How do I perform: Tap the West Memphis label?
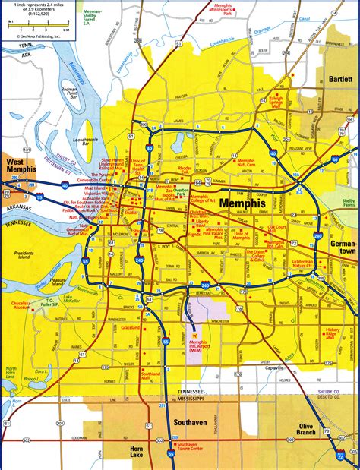point(19,168)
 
